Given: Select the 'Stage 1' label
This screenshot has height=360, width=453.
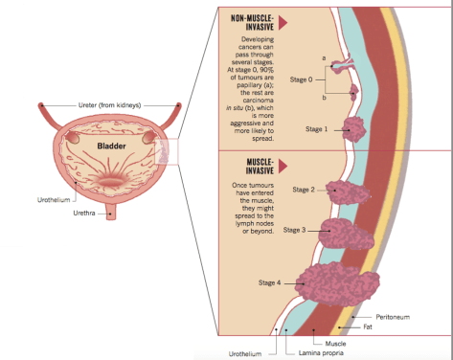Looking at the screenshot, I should [316, 128].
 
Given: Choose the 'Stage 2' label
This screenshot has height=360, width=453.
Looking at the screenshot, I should [304, 190].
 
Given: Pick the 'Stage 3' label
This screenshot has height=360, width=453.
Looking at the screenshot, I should [295, 230].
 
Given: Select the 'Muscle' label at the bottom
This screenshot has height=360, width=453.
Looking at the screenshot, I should [336, 342].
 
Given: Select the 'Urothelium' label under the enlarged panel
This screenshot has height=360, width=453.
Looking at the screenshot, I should [245, 353].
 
